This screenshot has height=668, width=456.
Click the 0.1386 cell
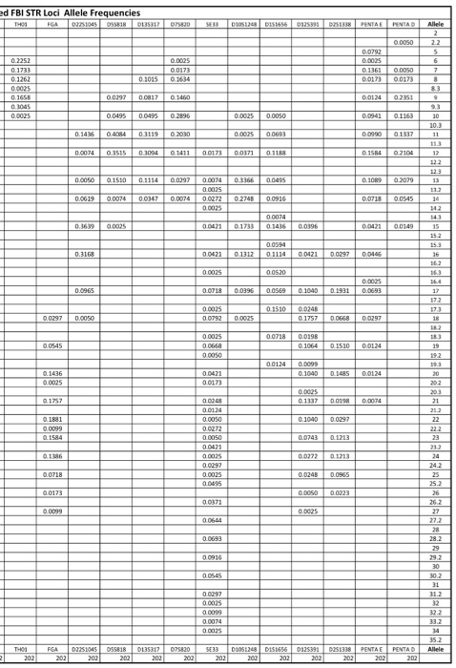[x=53, y=454]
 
